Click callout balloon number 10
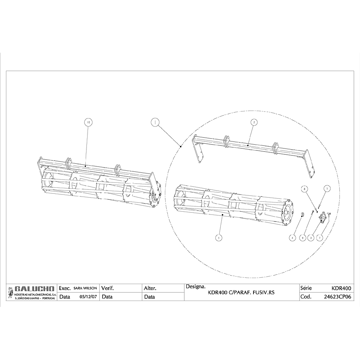88,122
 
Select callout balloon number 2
254,122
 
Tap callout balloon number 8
304,189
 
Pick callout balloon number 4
292,238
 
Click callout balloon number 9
303,238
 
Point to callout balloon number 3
311,238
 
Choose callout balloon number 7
320,238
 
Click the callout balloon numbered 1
155,122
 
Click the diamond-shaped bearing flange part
322,217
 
